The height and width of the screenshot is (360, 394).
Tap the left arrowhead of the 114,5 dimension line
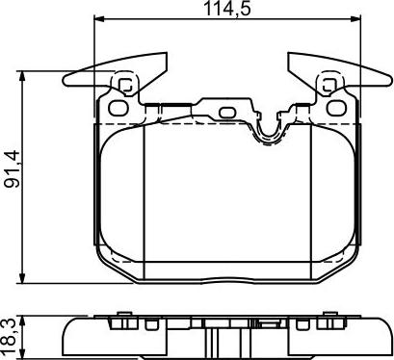[x=97, y=23]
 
